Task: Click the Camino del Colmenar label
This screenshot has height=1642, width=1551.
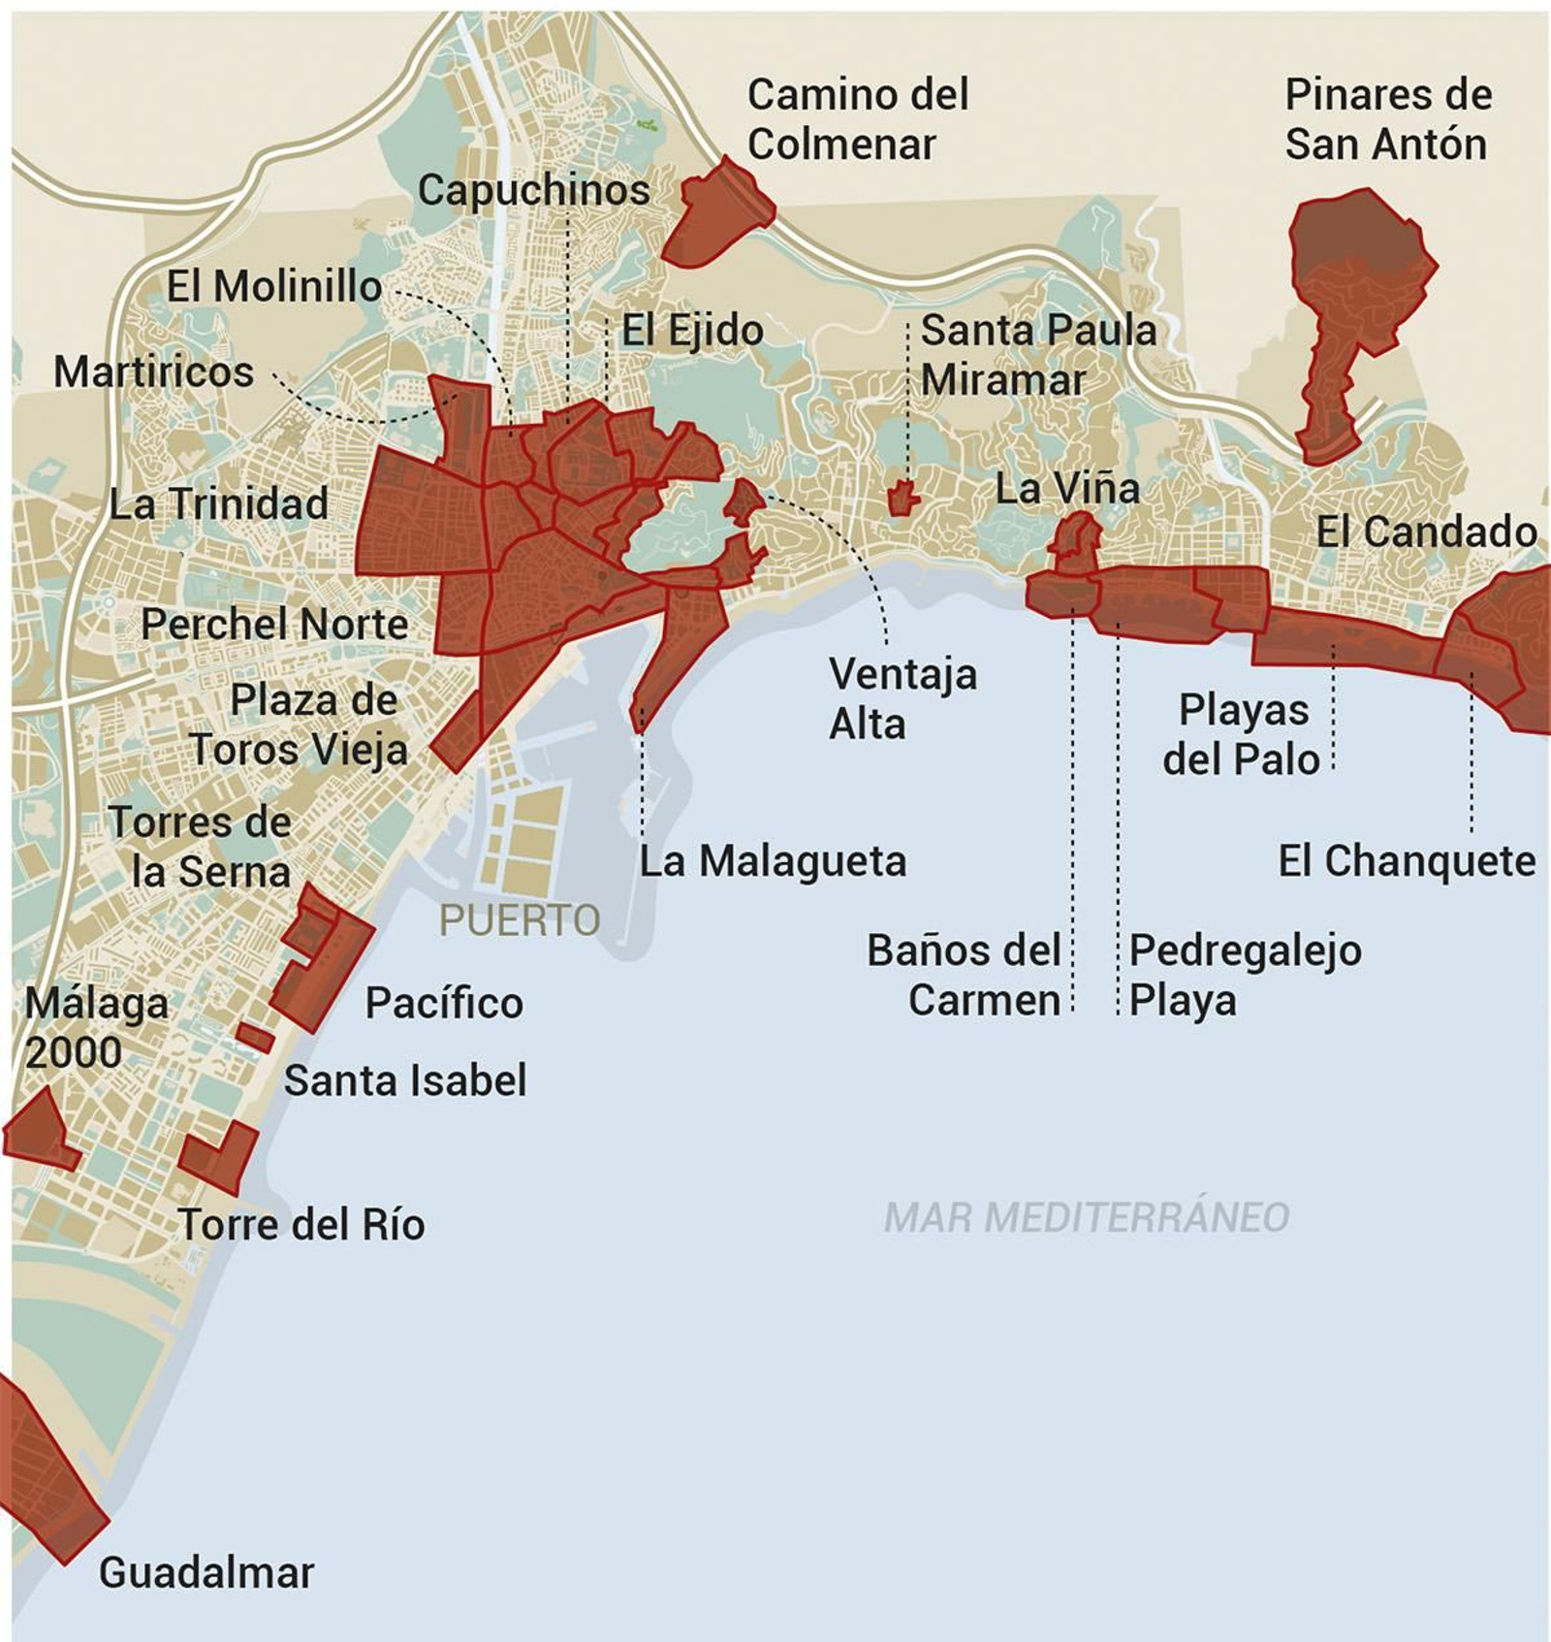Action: tap(857, 119)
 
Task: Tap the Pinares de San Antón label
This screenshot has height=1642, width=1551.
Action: tap(1387, 119)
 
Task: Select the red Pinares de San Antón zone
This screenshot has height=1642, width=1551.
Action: tap(1357, 281)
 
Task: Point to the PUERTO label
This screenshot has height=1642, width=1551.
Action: tap(520, 919)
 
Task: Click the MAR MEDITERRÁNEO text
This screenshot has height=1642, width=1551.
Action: tap(1086, 1217)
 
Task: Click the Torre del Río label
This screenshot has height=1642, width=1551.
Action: tap(301, 1224)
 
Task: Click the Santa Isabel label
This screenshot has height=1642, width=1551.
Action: tap(405, 1080)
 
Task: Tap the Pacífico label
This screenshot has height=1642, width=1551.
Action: tap(444, 1002)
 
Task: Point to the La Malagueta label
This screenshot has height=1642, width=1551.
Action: tap(773, 861)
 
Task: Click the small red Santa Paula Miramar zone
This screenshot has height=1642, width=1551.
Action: tap(903, 498)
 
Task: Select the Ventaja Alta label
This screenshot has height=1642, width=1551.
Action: tap(902, 698)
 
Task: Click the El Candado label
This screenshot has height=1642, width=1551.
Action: tap(1425, 531)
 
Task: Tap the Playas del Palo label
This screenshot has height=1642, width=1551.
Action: tap(1242, 734)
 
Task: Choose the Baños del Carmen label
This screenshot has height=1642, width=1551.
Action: tap(964, 975)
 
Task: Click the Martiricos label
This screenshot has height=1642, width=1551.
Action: tap(153, 372)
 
